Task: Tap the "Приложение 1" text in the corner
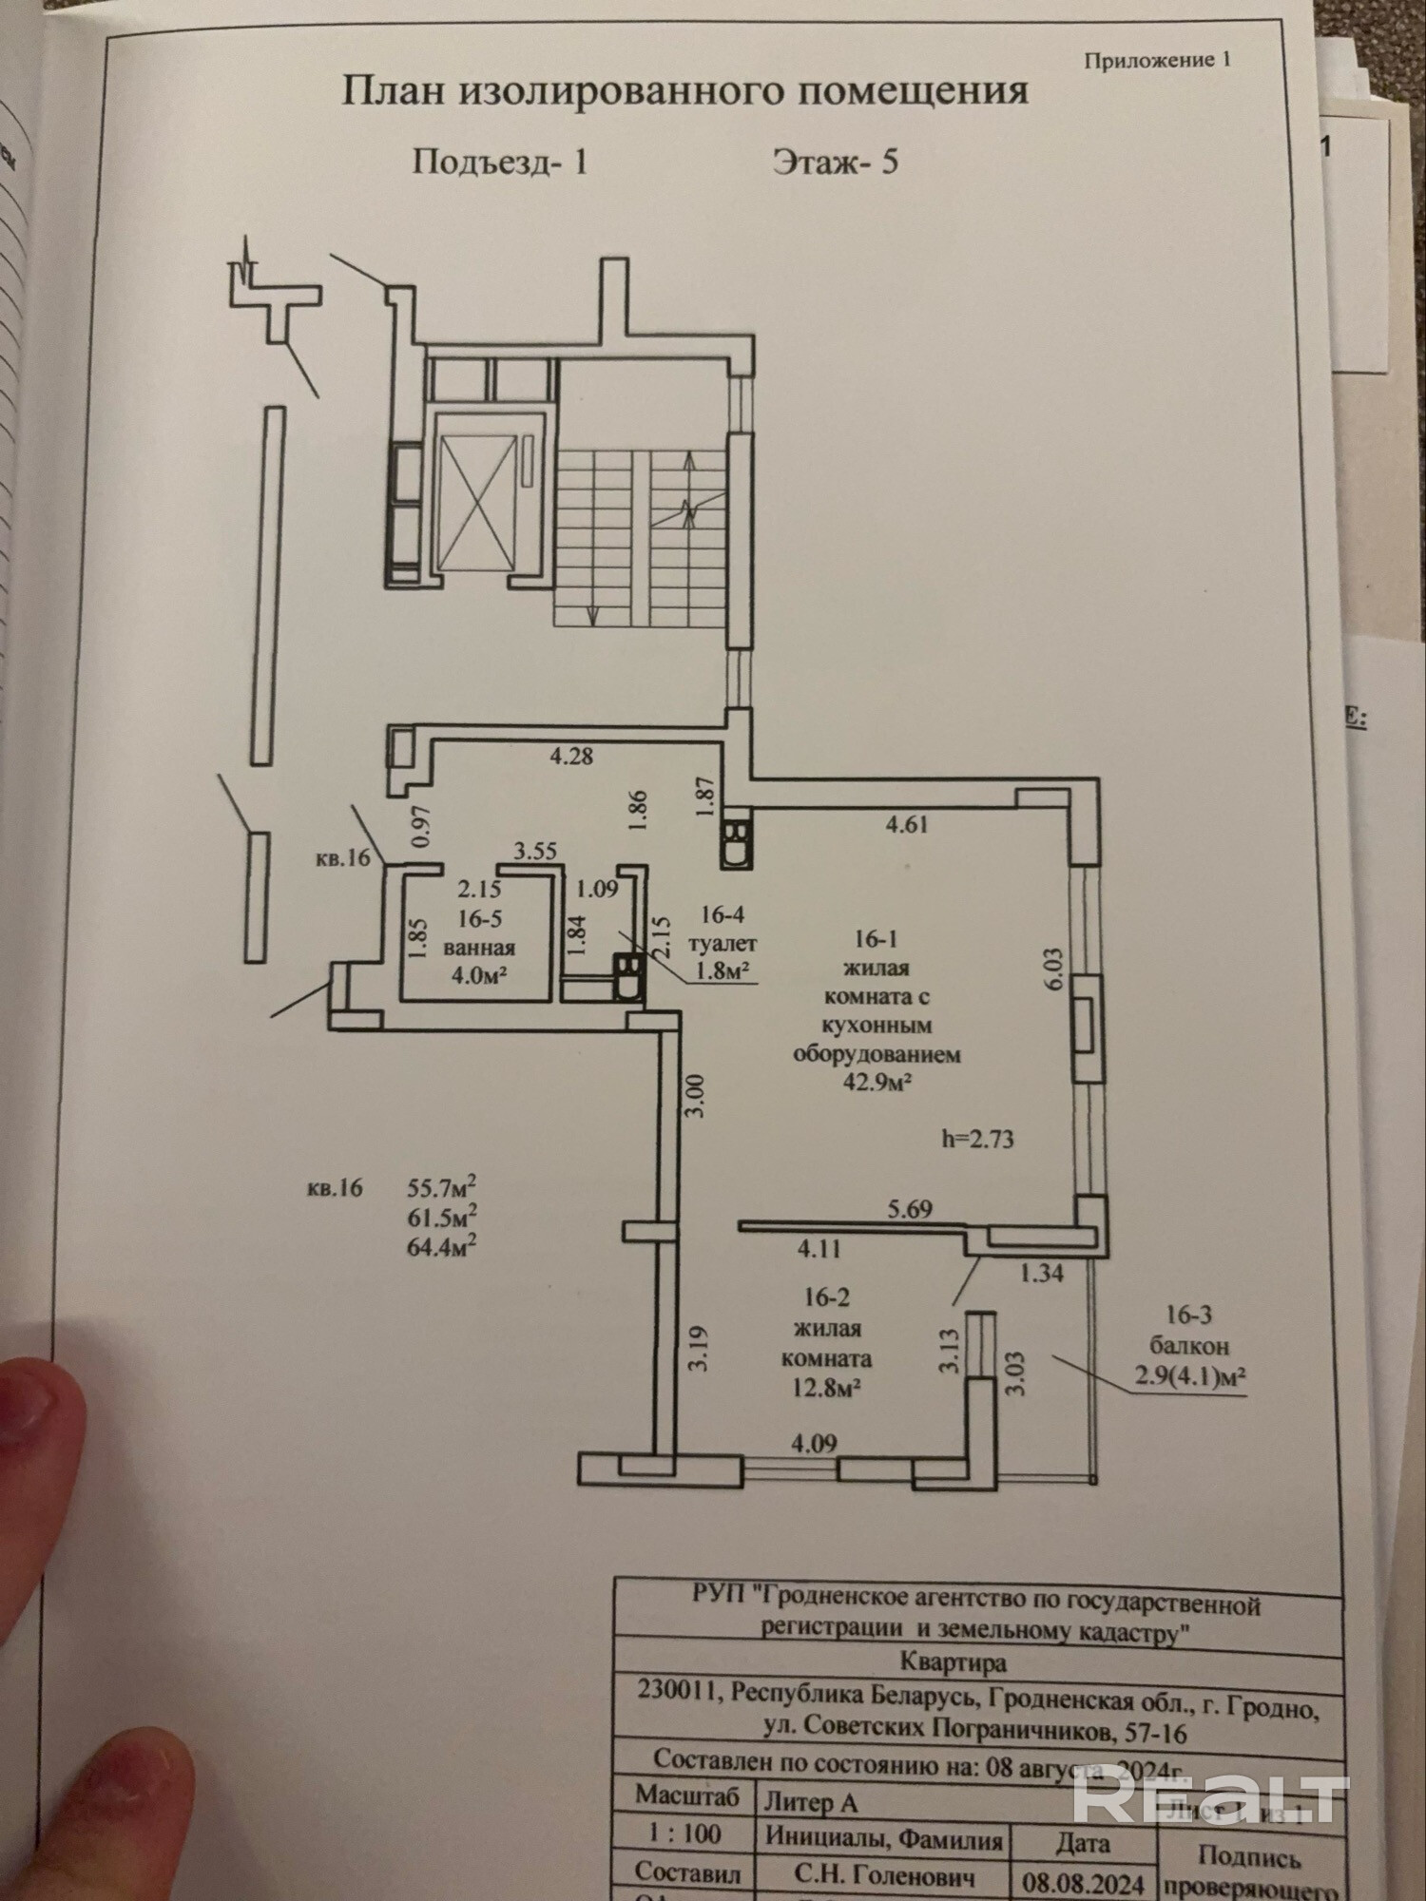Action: [1157, 60]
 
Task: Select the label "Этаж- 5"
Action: [835, 162]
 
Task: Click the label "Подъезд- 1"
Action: [500, 162]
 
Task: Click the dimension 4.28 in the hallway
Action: [571, 757]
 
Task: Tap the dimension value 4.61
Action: [906, 824]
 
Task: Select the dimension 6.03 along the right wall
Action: [1052, 970]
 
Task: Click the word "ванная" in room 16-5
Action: [479, 948]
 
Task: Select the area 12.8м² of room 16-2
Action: [823, 1388]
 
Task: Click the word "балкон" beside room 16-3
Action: [1188, 1346]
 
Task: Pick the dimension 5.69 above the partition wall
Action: [910, 1209]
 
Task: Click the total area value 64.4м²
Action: [441, 1246]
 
